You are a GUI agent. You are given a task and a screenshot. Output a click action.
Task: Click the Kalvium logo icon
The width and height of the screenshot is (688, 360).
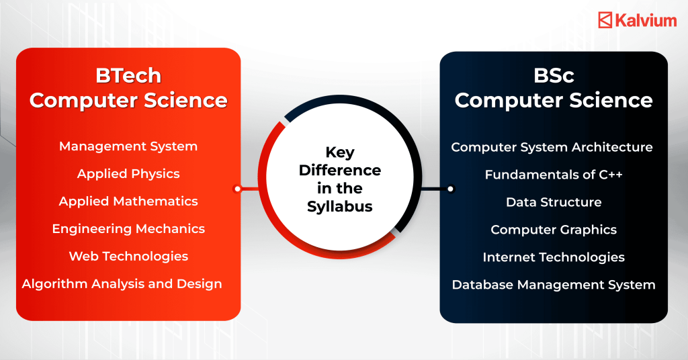[x=605, y=20]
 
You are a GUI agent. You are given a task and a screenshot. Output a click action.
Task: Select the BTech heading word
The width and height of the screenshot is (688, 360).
[x=128, y=75]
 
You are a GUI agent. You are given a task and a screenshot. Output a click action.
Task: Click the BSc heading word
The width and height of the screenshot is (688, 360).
[x=554, y=75]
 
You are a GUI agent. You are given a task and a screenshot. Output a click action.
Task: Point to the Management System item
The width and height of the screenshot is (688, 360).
[x=128, y=146]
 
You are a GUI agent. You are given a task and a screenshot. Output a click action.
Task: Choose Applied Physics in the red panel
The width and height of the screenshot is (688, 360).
[x=128, y=173]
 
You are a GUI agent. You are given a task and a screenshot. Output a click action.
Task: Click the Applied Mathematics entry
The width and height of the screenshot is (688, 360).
[x=128, y=201]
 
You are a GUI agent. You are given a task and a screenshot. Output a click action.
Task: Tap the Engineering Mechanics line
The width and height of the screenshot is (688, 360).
[x=128, y=228]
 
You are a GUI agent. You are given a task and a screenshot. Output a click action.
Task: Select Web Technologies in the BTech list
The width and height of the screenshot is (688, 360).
[x=128, y=256]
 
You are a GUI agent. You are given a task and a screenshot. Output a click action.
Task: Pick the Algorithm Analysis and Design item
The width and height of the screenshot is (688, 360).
[x=122, y=283]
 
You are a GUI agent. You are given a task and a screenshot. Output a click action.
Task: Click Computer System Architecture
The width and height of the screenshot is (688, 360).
[x=552, y=147]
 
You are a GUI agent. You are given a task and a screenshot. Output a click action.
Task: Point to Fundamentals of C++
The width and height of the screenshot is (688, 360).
[x=554, y=175]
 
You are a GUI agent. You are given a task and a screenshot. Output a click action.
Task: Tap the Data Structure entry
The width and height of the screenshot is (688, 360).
[x=554, y=202]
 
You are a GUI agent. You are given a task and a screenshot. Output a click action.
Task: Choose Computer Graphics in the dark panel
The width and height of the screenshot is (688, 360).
[x=554, y=230]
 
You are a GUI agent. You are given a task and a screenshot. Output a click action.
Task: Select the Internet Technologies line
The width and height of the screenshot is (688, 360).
[x=554, y=257]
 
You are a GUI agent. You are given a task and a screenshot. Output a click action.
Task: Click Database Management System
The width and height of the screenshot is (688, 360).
[x=554, y=285]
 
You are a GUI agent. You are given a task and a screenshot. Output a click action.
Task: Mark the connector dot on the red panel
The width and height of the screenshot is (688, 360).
[x=237, y=189]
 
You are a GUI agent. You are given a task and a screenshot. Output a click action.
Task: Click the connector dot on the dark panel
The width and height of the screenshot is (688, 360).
[x=451, y=189]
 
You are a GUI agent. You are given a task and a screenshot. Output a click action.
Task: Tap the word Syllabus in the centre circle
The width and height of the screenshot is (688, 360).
[x=340, y=206]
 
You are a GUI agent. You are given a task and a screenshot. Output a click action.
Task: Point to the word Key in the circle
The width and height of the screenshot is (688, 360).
[x=340, y=152]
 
